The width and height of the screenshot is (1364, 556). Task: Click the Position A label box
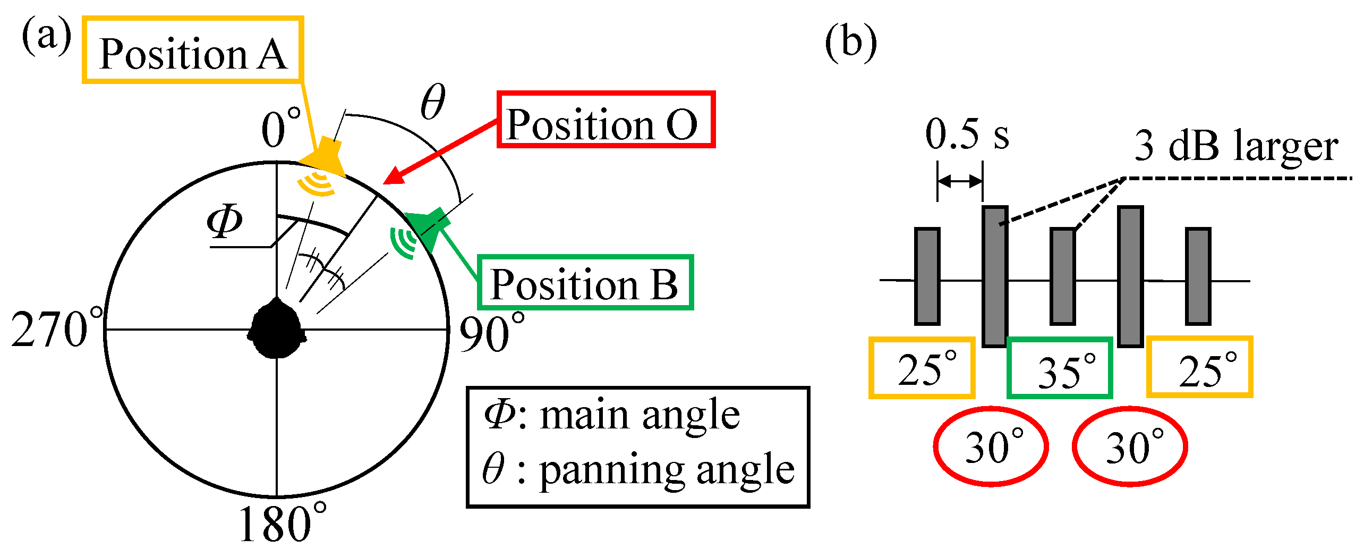coord(193,50)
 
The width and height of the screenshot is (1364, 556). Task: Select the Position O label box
coord(606,120)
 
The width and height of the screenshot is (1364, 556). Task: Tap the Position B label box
coord(585,282)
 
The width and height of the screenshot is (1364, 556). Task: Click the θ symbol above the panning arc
coord(432,102)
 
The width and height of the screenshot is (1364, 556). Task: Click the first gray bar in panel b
coord(927,276)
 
